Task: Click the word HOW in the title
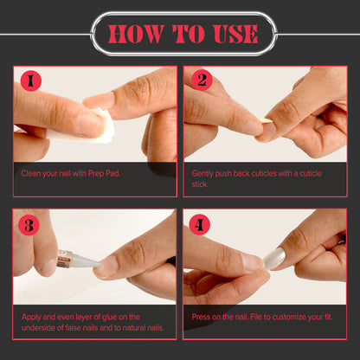click(136, 35)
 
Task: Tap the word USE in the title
click(235, 35)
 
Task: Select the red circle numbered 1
click(31, 81)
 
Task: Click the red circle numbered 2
click(202, 80)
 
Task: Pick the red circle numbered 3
click(29, 225)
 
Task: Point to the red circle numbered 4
click(199, 224)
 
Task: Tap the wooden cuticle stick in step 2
click(265, 121)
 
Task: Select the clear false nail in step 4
click(274, 258)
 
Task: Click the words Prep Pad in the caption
click(104, 174)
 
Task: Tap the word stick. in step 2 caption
click(200, 184)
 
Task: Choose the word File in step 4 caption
click(256, 317)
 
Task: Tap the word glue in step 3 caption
click(109, 318)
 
